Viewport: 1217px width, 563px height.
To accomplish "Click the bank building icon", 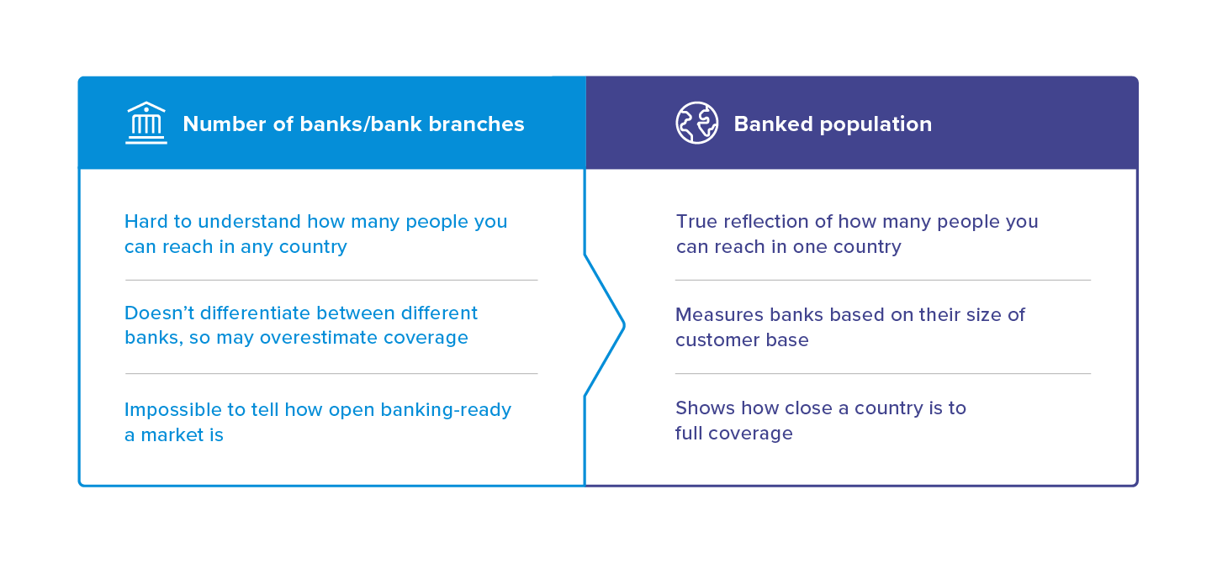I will pos(146,124).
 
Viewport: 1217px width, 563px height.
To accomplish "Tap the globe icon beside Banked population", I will pos(697,124).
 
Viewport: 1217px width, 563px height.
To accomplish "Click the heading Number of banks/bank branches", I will pos(353,124).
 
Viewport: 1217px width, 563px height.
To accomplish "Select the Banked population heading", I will pos(833,124).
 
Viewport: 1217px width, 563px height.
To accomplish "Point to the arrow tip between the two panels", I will pos(623,324).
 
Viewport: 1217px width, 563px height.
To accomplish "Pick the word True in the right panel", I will pos(696,222).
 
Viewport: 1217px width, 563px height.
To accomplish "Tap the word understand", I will pos(253,222).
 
